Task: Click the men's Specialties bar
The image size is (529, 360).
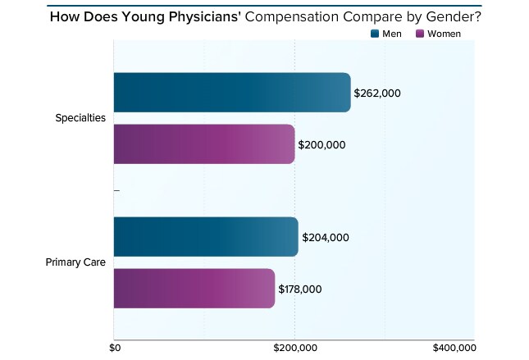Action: pos(231,93)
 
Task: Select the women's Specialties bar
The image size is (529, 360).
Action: pos(203,144)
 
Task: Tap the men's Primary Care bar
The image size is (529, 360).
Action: pos(205,237)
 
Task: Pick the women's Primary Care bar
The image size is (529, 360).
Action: pos(194,289)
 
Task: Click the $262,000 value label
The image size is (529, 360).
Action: pos(377,93)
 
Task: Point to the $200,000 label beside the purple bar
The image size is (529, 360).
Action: pos(322,145)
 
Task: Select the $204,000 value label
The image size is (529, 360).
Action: pos(326,238)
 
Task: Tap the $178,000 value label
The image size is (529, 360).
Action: pos(299,289)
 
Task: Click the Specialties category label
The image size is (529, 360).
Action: pos(80,118)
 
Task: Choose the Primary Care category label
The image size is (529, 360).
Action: pos(75,262)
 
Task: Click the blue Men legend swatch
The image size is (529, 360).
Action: pos(376,34)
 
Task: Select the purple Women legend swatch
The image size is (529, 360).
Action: pos(422,34)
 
